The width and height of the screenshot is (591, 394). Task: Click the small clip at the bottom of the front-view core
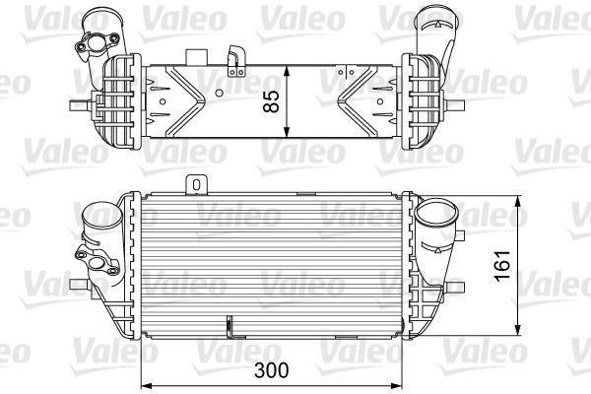click(230, 325)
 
